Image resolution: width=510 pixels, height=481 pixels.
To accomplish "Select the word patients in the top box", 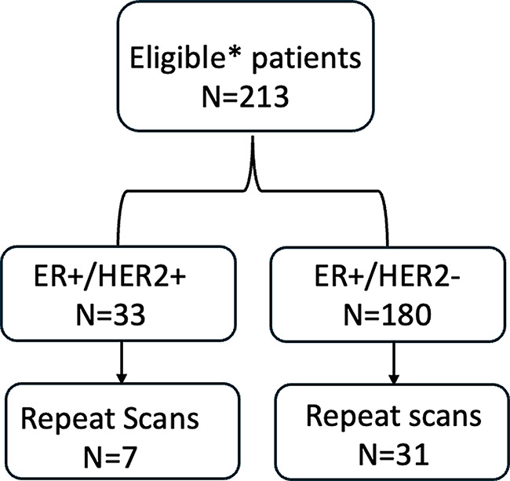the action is [306, 60].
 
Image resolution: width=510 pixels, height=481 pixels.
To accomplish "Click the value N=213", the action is [246, 97].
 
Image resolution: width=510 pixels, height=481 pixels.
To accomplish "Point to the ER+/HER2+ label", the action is [111, 279].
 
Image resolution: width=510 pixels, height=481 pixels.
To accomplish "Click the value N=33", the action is [111, 315].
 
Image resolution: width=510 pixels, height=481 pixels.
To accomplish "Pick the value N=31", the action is [393, 454].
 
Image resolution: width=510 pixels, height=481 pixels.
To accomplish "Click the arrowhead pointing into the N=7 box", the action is [122, 379].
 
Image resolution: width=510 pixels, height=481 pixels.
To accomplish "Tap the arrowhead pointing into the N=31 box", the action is [394, 380].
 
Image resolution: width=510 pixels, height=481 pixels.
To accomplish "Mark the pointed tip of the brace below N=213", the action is [253, 137].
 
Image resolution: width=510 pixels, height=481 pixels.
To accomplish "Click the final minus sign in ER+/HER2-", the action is [454, 283].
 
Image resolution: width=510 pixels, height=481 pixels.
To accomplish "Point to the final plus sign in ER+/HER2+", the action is [177, 279].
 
